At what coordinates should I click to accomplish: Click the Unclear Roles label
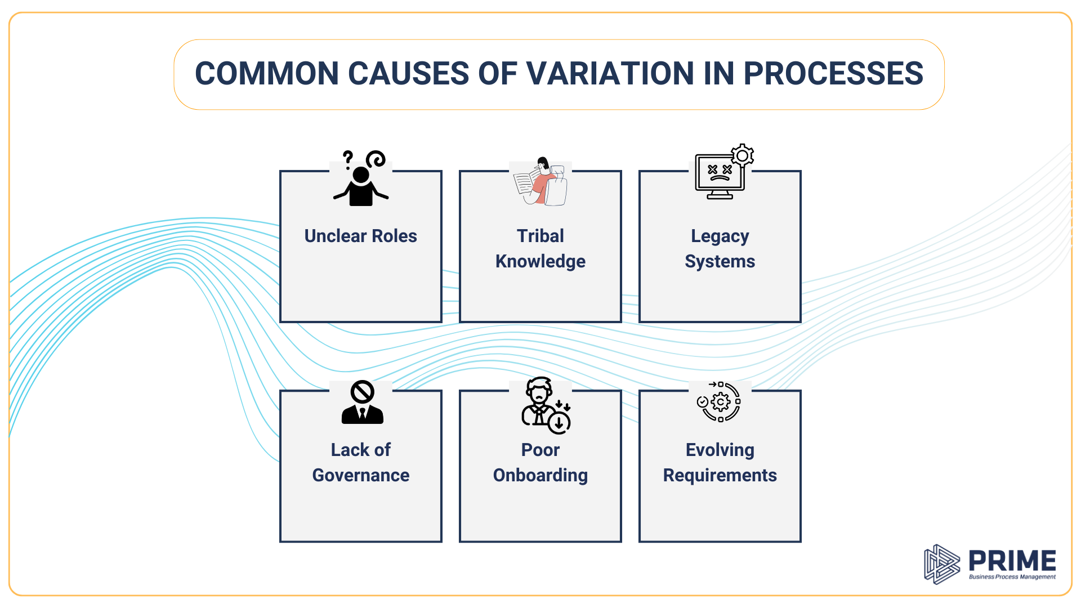click(x=360, y=236)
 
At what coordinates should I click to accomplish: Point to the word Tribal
click(x=540, y=236)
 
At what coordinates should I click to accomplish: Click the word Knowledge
click(x=540, y=261)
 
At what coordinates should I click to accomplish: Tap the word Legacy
click(x=720, y=236)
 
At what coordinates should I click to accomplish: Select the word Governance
click(x=360, y=475)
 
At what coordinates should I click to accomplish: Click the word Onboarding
click(x=540, y=475)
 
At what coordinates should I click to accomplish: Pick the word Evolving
click(x=720, y=450)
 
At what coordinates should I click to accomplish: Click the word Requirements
click(x=720, y=475)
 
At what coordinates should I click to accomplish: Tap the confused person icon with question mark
click(x=361, y=179)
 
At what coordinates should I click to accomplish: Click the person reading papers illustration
click(x=540, y=182)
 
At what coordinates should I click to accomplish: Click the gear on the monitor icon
click(x=742, y=155)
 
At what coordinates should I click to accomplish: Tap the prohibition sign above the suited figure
click(x=362, y=392)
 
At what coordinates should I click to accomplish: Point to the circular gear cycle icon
click(x=720, y=401)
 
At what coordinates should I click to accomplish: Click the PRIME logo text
click(x=1012, y=561)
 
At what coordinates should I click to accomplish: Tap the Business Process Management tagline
click(x=1012, y=577)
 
